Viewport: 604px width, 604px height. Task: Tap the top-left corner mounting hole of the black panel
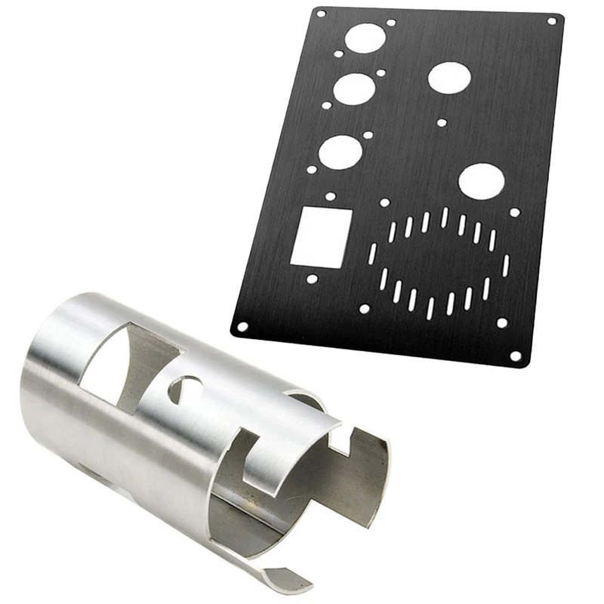point(320,14)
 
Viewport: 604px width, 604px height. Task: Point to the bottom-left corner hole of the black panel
point(242,328)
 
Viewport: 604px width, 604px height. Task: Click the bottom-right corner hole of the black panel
point(516,356)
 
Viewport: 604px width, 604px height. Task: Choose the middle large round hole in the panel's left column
point(353,89)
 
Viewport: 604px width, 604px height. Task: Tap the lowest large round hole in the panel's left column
point(339,153)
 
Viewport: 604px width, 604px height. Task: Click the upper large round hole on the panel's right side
point(449,77)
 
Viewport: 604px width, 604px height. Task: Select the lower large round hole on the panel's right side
point(481,181)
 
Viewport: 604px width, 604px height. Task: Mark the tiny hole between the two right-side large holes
point(442,122)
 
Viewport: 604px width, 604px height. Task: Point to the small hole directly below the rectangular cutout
point(311,279)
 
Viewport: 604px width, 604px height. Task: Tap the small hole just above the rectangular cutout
point(330,196)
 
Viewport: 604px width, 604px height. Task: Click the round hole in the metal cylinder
point(186,390)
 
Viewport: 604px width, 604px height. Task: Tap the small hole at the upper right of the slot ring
point(515,212)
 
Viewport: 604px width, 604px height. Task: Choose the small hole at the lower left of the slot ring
point(364,309)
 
